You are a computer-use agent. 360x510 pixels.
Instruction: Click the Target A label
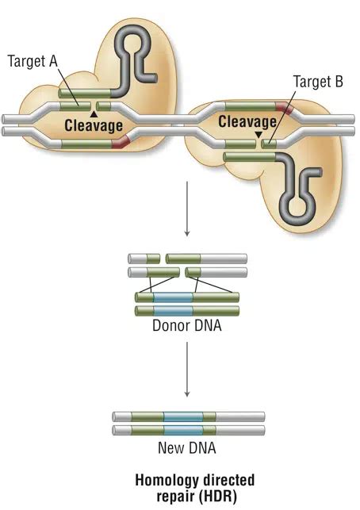[x=33, y=61]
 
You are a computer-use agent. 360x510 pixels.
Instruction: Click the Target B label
[x=318, y=82]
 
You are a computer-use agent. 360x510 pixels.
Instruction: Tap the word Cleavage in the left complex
[x=94, y=125]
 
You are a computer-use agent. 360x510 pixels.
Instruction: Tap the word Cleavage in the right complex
[x=247, y=122]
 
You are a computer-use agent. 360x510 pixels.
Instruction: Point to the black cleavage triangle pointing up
[x=94, y=113]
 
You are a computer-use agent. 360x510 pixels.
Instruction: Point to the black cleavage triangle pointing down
[x=259, y=134]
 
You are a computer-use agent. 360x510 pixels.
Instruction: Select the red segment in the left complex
[x=121, y=143]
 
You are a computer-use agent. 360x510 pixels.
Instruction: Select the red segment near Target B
[x=285, y=107]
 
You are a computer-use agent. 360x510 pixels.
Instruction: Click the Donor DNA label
[x=187, y=325]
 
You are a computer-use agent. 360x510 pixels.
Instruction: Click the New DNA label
[x=187, y=448]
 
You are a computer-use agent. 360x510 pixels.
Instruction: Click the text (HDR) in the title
[x=218, y=497]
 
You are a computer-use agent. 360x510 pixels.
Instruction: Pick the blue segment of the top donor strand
[x=173, y=297]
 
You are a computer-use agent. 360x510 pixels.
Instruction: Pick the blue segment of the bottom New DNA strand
[x=183, y=430]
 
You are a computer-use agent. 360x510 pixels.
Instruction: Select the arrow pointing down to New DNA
[x=187, y=370]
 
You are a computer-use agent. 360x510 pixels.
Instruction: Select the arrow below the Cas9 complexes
[x=187, y=209]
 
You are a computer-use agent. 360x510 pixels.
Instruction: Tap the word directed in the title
[x=228, y=481]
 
